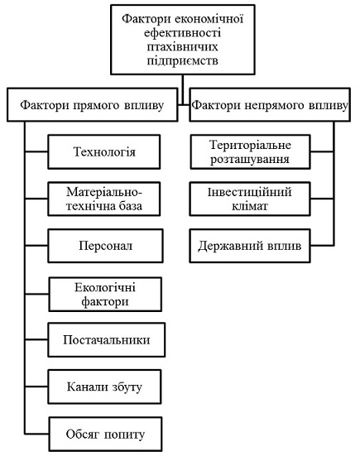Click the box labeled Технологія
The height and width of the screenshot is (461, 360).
tap(104, 151)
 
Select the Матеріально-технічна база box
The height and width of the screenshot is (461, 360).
tap(104, 199)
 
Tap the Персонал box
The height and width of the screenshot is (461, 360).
tap(105, 246)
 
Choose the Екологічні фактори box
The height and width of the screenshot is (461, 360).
tap(105, 295)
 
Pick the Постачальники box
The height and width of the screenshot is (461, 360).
tap(107, 340)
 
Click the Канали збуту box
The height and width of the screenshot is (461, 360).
tap(104, 387)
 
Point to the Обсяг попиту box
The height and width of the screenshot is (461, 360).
tap(105, 434)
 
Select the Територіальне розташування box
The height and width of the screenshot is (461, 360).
tap(250, 151)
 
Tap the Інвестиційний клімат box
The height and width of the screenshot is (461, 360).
tap(250, 199)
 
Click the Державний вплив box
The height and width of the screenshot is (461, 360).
tap(250, 246)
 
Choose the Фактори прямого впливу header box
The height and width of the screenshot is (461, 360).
tap(93, 104)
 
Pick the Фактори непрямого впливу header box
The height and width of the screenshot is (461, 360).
tap(270, 104)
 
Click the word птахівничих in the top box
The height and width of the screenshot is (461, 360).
tap(183, 46)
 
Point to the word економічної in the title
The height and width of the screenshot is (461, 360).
tap(209, 19)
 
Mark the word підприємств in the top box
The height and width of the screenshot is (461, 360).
tap(183, 61)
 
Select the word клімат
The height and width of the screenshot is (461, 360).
tap(250, 206)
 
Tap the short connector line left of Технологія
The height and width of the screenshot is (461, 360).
tap(36, 151)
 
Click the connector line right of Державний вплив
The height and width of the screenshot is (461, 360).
tap(322, 245)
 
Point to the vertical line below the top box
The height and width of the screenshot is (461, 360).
tap(183, 89)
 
